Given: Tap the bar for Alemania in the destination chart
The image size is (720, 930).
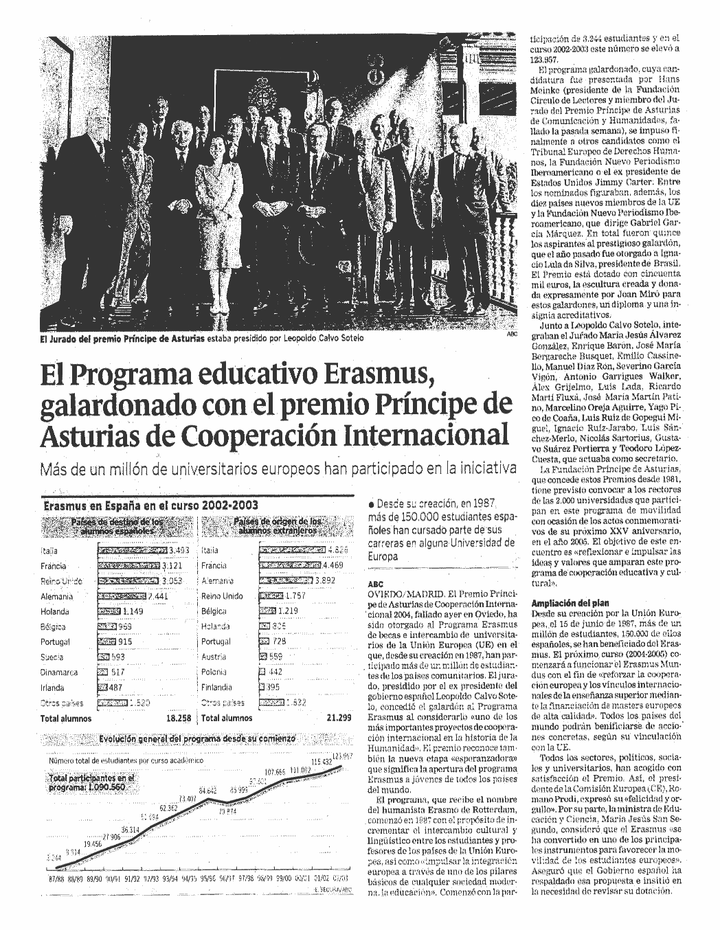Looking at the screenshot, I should click(122, 596).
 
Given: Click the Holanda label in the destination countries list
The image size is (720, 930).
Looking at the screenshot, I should click(55, 611).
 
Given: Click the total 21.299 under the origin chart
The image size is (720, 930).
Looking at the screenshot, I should click(339, 718).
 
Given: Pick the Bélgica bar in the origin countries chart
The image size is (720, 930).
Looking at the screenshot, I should click(267, 611).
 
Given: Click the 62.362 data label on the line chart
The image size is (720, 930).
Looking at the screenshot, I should click(168, 808).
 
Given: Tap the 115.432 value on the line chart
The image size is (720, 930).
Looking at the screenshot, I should click(322, 762).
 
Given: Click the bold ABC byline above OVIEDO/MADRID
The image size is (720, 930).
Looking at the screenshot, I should click(376, 584).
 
